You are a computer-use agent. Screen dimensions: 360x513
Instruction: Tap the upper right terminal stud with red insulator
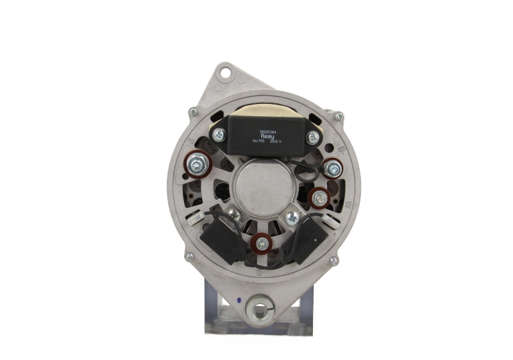click(332, 168)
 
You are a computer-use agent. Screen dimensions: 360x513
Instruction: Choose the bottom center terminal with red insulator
click(260, 243)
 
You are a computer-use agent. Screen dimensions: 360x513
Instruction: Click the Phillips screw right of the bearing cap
click(292, 217)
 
